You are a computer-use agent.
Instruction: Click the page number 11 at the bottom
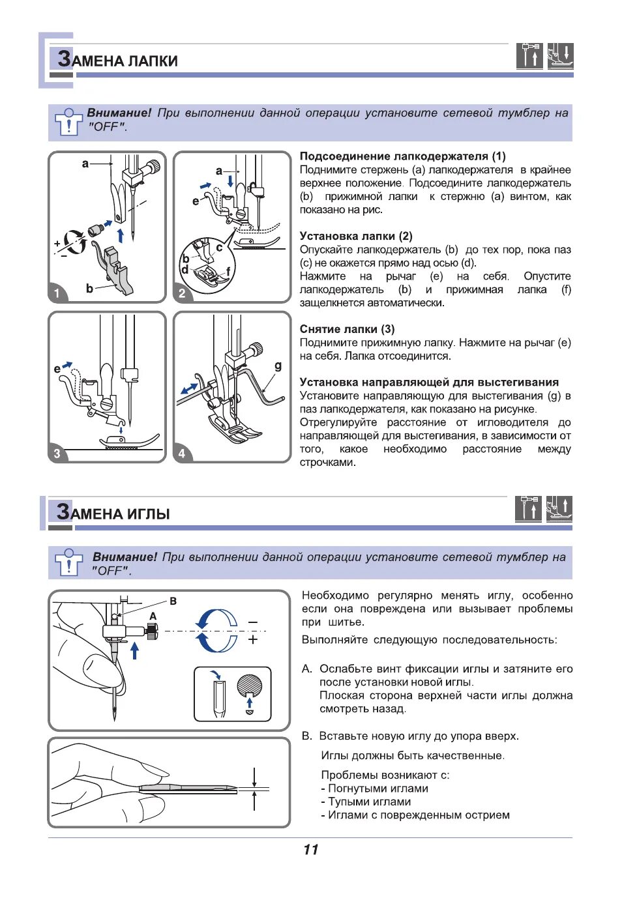(310, 850)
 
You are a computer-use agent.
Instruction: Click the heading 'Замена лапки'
(118, 60)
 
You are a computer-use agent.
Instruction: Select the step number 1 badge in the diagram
(57, 293)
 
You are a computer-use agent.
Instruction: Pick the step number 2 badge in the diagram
(182, 293)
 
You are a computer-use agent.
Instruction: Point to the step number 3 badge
(57, 453)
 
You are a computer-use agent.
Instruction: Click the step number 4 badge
(182, 453)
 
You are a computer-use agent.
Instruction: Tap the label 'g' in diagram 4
(278, 366)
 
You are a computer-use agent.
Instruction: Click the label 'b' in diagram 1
(89, 288)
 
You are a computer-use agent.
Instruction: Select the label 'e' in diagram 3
(57, 369)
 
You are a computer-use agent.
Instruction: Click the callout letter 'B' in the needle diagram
(173, 601)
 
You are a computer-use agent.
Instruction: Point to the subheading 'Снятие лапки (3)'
(347, 329)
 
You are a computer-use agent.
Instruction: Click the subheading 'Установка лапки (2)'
(356, 236)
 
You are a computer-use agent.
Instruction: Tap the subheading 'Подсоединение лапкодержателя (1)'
(402, 156)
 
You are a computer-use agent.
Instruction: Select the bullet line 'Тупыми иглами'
(369, 802)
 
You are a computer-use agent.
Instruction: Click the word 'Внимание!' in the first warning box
(119, 113)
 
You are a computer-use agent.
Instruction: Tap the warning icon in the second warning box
(68, 562)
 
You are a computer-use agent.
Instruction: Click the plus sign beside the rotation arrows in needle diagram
(253, 640)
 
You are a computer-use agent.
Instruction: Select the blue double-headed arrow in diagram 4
(190, 388)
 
